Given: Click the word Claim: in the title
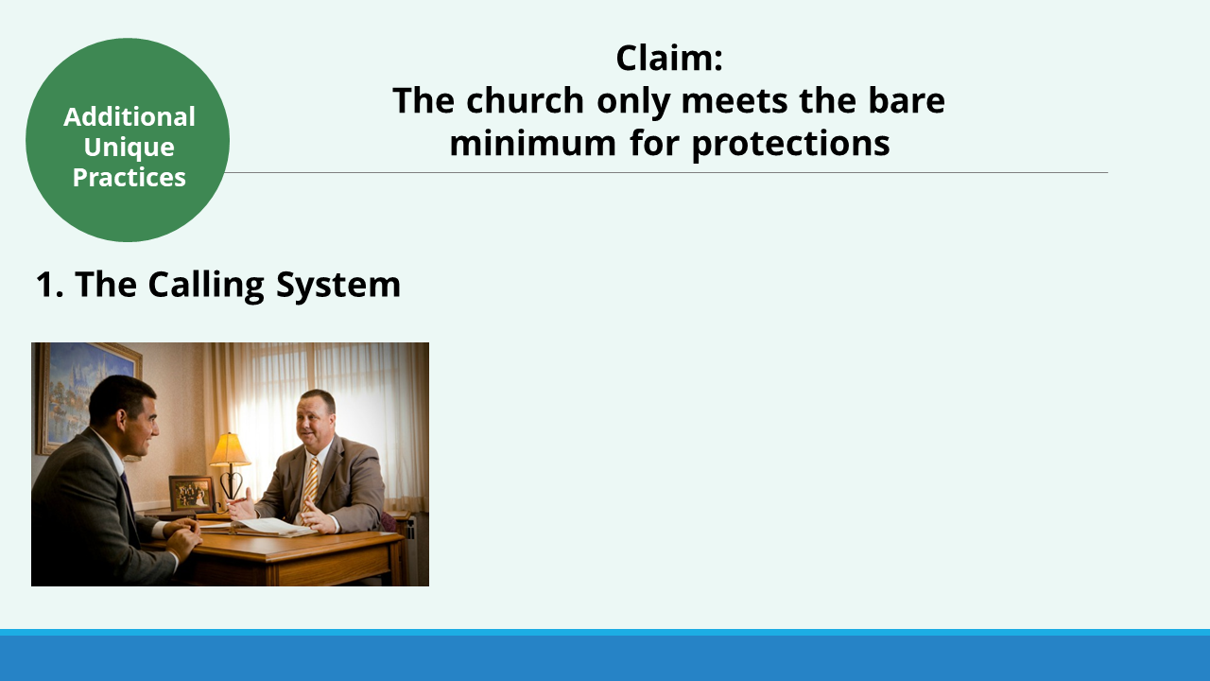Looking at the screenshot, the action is (669, 59).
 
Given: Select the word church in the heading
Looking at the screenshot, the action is (526, 100).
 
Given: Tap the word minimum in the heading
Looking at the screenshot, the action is (533, 143).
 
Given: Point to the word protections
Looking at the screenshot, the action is (791, 145).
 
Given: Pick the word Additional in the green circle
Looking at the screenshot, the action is (130, 116).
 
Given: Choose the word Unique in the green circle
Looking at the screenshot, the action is (130, 148).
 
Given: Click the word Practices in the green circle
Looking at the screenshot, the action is (130, 177).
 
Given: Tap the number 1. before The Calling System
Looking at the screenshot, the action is (50, 285).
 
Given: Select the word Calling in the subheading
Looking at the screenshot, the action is (206, 286).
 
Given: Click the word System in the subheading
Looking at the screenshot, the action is (338, 286).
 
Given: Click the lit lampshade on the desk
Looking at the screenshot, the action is (230, 449).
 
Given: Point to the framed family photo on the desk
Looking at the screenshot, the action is (192, 494).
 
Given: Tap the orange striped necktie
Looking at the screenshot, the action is (311, 487).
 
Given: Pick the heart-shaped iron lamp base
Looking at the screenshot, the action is (232, 482).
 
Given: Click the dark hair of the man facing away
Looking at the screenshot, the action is (119, 397).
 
